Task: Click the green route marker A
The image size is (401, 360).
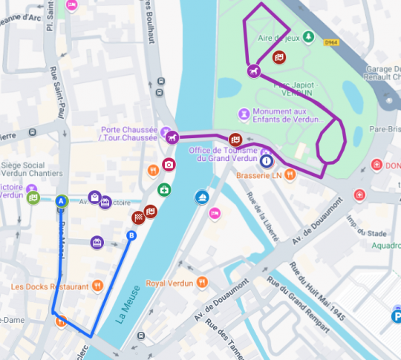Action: tap(62, 200)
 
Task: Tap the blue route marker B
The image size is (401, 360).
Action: tap(132, 236)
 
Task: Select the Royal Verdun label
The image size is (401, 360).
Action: tap(169, 283)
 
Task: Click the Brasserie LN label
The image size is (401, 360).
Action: tap(260, 176)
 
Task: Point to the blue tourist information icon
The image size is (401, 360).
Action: tap(266, 161)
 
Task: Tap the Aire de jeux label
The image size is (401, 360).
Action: tap(273, 36)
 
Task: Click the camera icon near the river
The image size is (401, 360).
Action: tap(169, 164)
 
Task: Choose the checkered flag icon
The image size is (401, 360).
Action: tap(137, 217)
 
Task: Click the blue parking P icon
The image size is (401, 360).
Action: tap(395, 317)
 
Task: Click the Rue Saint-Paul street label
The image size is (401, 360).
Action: tap(53, 90)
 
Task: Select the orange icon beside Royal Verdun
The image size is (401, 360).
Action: tap(201, 283)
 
